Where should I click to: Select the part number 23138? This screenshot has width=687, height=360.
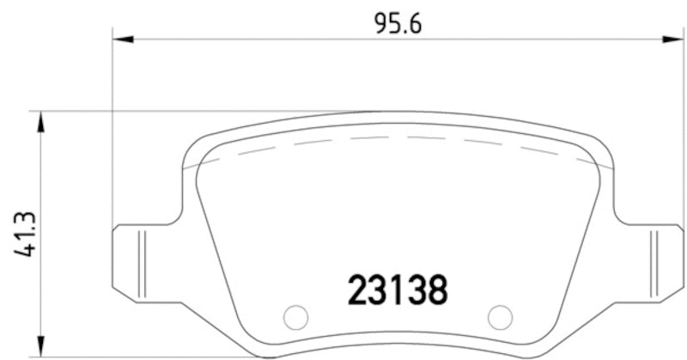pos(397,290)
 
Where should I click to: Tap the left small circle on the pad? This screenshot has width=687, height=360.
pos(295,317)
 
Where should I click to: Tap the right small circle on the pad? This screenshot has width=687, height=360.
pos(499,317)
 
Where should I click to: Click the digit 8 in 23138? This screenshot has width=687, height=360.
pos(437,290)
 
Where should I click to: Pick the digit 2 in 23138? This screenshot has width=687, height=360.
pos(357,290)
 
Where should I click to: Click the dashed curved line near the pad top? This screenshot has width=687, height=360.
pos(397,137)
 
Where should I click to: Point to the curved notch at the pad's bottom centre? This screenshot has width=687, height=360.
pos(397,347)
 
